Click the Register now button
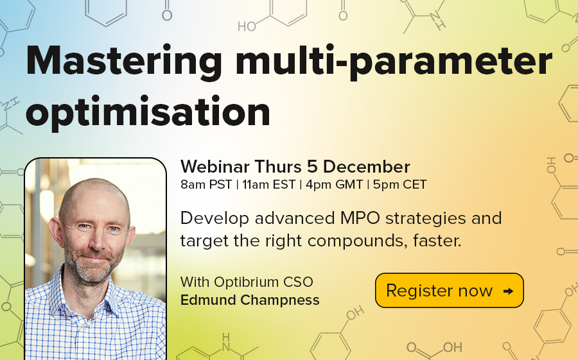tap(449, 291)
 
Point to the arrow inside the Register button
tap(507, 291)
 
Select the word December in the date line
tap(366, 167)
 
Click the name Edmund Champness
tap(250, 300)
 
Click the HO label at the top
tap(247, 27)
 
